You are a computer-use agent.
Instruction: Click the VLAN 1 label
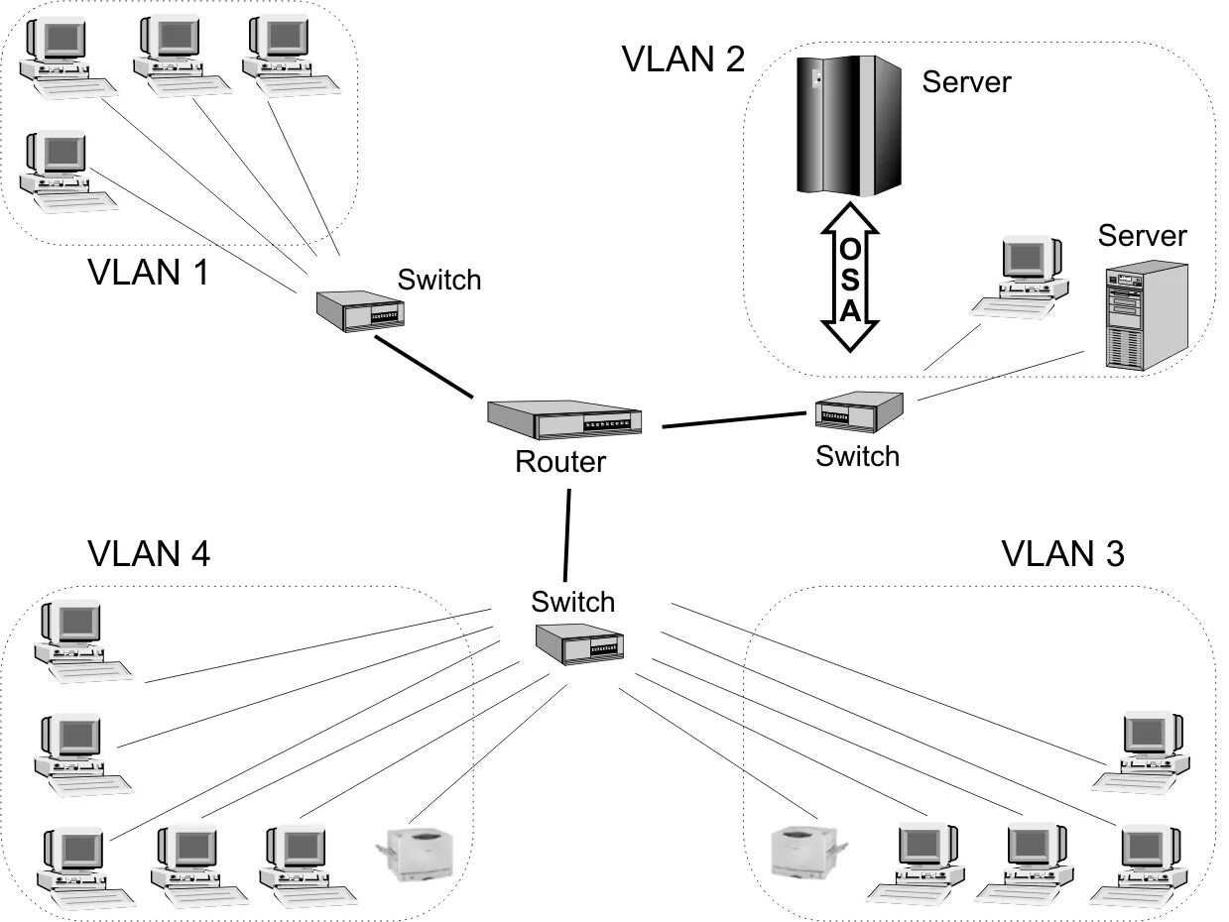[149, 272]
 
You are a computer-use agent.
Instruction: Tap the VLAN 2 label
[682, 59]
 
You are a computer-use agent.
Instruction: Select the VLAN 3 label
[1062, 553]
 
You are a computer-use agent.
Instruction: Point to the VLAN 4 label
[149, 553]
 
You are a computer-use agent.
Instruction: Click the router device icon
[563, 419]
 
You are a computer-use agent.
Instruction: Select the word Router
[560, 461]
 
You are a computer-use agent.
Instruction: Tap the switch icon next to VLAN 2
[859, 409]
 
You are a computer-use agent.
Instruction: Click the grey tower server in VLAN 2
[1146, 315]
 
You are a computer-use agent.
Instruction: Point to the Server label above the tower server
[1142, 236]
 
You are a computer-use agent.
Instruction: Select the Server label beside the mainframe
[966, 81]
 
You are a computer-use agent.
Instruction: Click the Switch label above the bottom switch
[572, 602]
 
